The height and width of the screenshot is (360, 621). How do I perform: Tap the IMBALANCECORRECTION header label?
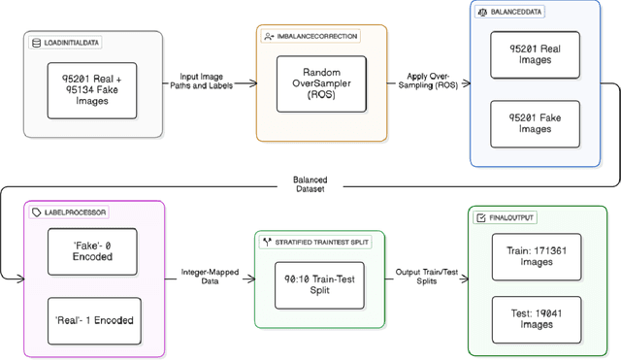click(x=309, y=36)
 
